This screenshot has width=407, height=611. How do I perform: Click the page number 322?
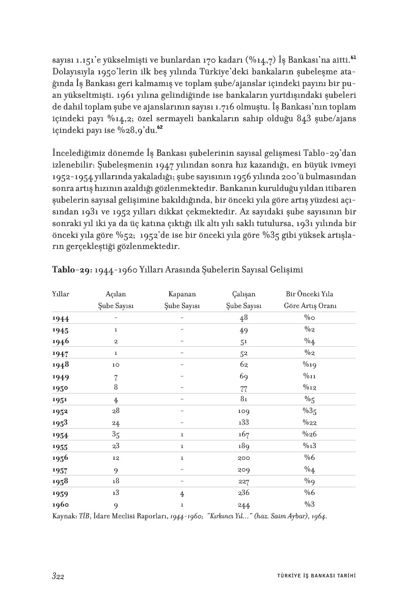click(x=57, y=576)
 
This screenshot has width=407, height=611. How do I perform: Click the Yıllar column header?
click(x=61, y=294)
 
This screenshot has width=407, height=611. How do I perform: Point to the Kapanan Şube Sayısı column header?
click(x=182, y=300)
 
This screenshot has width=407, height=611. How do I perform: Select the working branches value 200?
click(x=243, y=458)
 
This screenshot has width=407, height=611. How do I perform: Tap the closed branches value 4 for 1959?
click(x=182, y=493)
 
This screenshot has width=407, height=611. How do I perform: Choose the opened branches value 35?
click(x=116, y=434)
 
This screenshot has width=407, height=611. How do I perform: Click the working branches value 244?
click(x=243, y=505)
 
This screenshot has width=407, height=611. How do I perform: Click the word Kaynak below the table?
click(x=64, y=516)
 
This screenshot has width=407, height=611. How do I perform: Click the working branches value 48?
click(x=243, y=318)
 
